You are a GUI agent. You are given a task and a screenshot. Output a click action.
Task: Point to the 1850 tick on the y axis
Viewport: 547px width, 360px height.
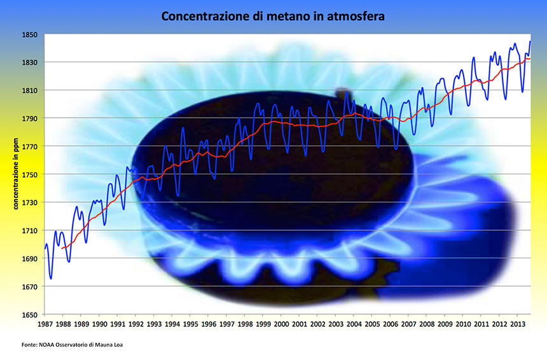click(31, 34)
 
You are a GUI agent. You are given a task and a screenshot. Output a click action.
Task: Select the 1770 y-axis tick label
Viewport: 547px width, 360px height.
click(31, 146)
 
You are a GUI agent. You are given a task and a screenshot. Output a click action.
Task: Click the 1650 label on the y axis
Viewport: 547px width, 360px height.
click(31, 314)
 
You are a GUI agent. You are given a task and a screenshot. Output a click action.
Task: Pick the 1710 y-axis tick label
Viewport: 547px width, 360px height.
click(31, 230)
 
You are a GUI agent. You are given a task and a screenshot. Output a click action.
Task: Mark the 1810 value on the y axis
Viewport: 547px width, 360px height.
click(31, 90)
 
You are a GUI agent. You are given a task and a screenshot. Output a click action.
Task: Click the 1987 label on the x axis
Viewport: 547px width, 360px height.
click(45, 323)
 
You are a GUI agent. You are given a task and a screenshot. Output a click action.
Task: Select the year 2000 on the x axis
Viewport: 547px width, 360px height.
click(282, 323)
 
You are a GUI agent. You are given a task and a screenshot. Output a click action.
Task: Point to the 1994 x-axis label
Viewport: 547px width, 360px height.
click(173, 323)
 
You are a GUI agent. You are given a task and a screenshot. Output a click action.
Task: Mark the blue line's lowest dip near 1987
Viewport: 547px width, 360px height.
click(51, 278)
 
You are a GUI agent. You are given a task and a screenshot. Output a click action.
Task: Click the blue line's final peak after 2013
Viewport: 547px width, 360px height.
click(530, 41)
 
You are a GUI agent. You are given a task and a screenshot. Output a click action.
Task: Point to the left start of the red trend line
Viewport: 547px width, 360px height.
click(62, 247)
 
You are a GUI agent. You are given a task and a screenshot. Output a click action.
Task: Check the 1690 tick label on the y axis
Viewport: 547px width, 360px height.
click(31, 258)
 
